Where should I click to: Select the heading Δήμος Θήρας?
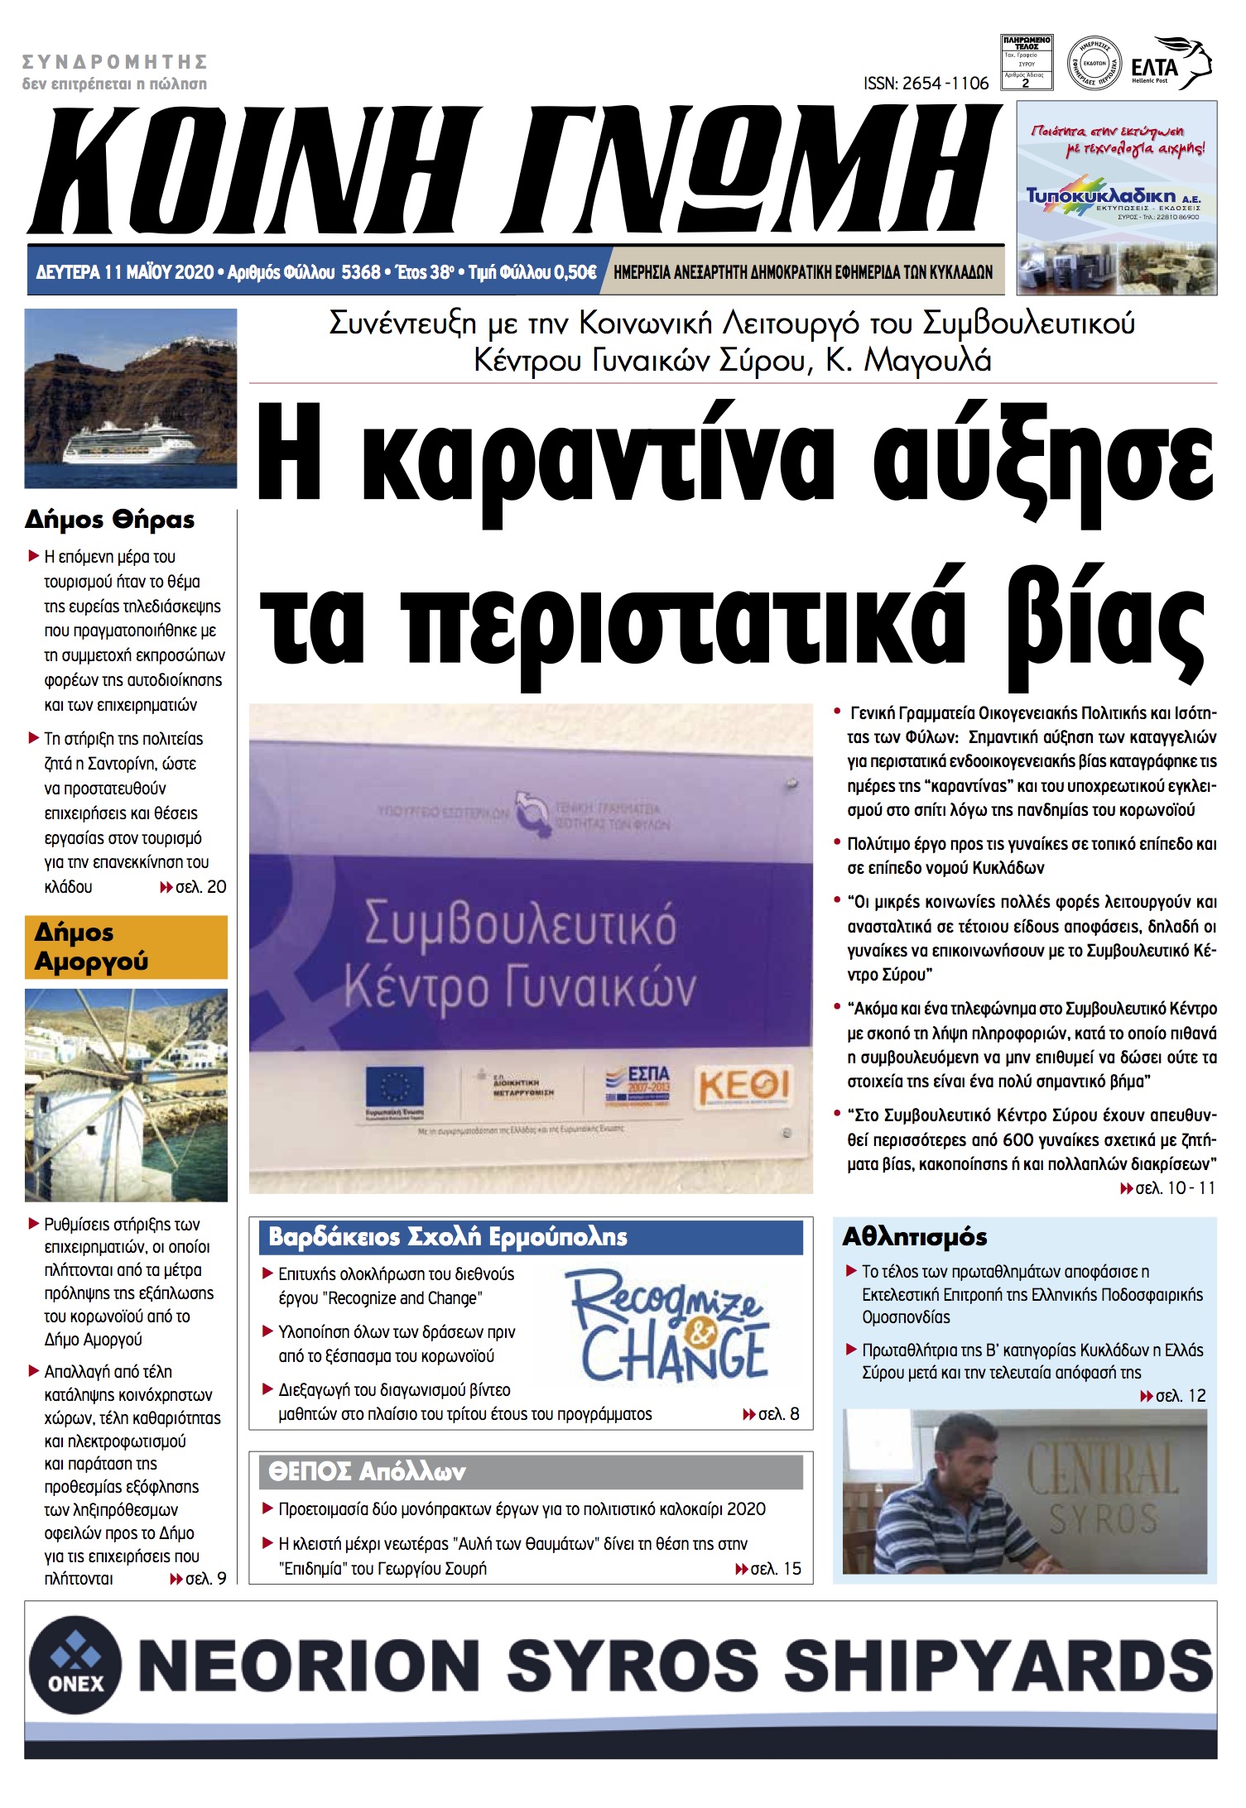tap(110, 520)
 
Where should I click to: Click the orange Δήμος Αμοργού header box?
tap(126, 947)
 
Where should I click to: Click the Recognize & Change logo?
tap(671, 1327)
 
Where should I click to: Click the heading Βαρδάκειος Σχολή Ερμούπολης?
tap(448, 1237)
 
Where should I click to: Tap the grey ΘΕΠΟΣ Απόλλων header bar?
tap(531, 1472)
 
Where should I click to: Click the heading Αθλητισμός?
tap(915, 1237)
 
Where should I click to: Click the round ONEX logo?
tap(75, 1664)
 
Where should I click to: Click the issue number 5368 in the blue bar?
tap(361, 272)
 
